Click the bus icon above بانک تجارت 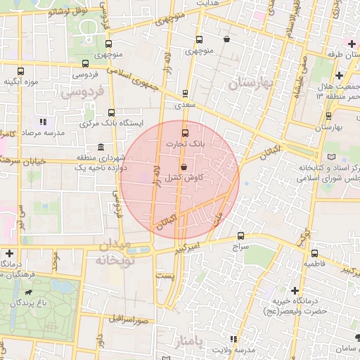[185, 132]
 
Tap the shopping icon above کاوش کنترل [184, 167]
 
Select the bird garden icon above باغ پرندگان [27, 292]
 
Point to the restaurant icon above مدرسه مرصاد [44, 122]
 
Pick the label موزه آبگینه [20, 82]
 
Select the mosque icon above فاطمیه [313, 252]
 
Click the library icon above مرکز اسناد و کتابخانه [331, 157]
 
